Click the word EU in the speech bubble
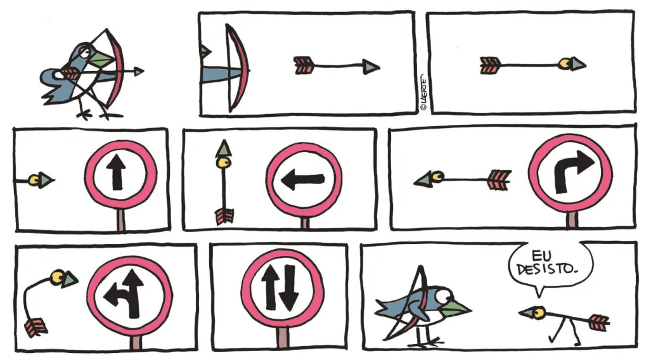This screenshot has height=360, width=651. (x=541, y=255)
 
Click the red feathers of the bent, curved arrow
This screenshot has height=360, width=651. (x=36, y=327)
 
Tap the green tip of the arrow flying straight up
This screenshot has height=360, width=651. (x=221, y=149)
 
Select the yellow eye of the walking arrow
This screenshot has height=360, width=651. (x=539, y=311)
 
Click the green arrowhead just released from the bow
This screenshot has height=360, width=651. (x=370, y=66)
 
